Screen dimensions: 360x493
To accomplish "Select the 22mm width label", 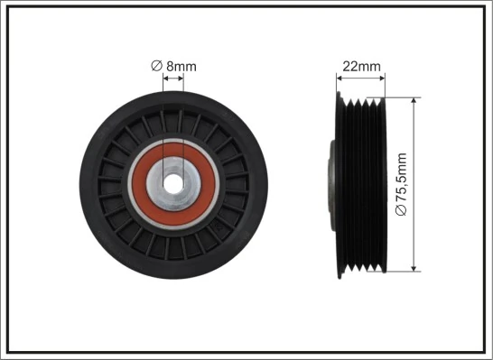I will (x=361, y=66).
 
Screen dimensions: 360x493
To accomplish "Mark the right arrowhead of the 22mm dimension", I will (x=382, y=78).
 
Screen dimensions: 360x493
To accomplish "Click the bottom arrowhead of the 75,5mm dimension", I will (x=414, y=266).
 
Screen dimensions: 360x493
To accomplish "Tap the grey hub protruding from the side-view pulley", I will (x=330, y=180).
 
